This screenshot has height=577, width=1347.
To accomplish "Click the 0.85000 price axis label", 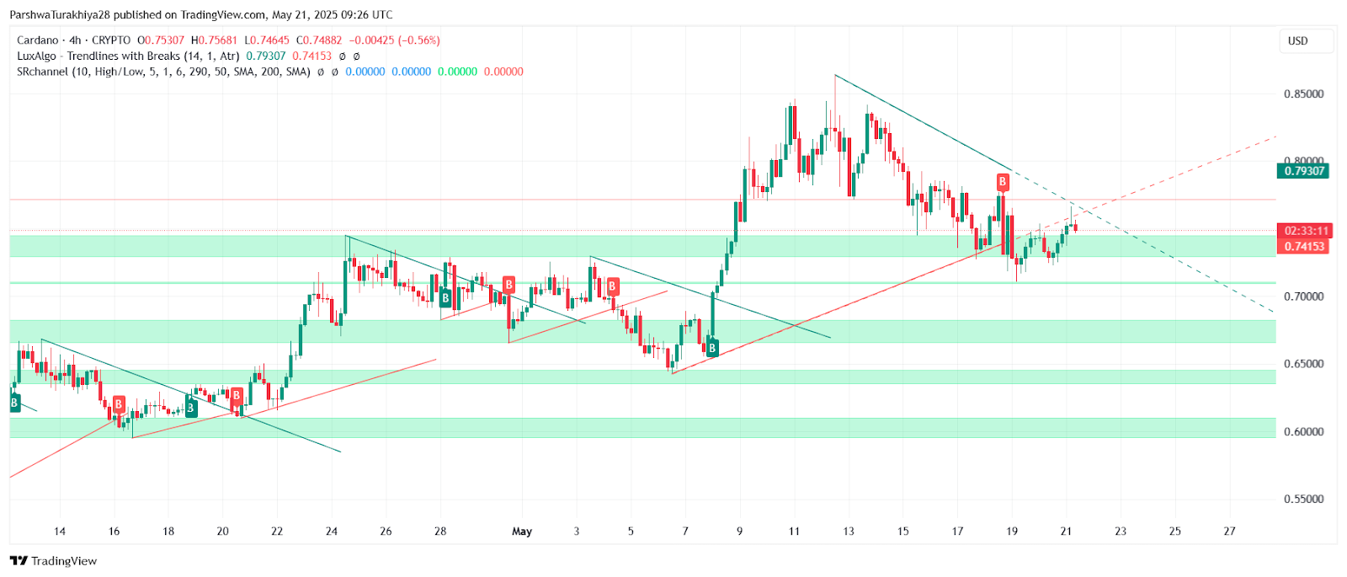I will pyautogui.click(x=1303, y=93).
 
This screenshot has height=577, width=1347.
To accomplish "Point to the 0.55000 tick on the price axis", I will pyautogui.click(x=1303, y=499).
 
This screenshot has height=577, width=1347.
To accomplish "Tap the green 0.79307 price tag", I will pyautogui.click(x=1303, y=171).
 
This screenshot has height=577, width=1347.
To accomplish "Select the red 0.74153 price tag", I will pyautogui.click(x=1303, y=247).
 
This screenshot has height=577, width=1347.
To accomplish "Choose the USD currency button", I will pyautogui.click(x=1298, y=40).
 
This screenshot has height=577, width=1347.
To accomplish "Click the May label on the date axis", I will pyautogui.click(x=522, y=532).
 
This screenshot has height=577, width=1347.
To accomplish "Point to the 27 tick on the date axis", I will pyautogui.click(x=1229, y=532).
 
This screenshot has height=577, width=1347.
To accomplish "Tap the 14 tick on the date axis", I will pyautogui.click(x=59, y=532).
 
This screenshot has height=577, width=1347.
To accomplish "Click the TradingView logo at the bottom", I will pyautogui.click(x=54, y=561).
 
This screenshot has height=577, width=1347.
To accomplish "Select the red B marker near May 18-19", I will pyautogui.click(x=1002, y=182).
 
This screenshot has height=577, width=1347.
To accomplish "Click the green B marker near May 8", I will pyautogui.click(x=712, y=348).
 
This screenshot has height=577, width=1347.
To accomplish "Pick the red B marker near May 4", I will pyautogui.click(x=612, y=287).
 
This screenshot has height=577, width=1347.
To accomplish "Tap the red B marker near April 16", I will pyautogui.click(x=119, y=404).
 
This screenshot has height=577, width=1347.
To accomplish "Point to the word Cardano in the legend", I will pyautogui.click(x=38, y=40).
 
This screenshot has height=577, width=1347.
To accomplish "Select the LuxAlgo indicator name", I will pyautogui.click(x=36, y=56).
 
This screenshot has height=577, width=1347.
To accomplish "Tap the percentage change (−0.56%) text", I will pyautogui.click(x=419, y=40).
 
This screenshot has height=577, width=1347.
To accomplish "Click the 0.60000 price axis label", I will pyautogui.click(x=1303, y=431).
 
